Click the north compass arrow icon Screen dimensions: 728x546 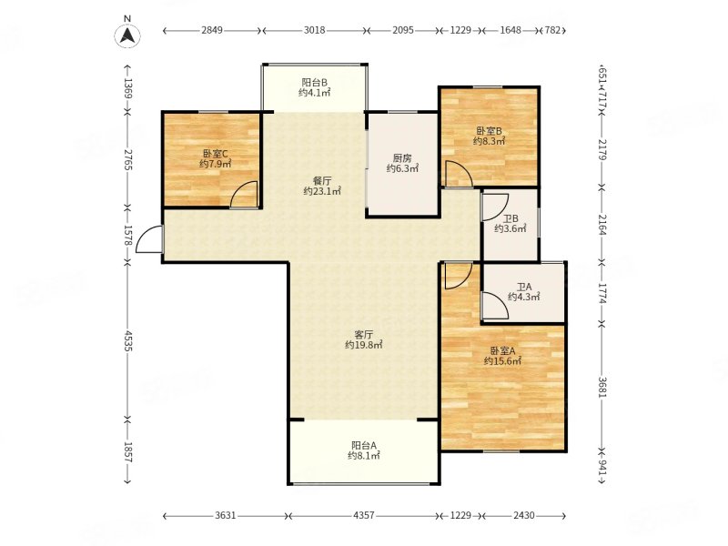(x=127, y=35)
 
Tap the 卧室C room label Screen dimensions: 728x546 (x=215, y=153)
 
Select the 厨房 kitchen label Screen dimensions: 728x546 (x=402, y=158)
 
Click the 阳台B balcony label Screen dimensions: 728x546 (x=314, y=82)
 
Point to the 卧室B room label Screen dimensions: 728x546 (x=490, y=131)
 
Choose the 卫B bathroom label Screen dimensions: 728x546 (x=511, y=218)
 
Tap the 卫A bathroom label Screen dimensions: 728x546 (x=524, y=287)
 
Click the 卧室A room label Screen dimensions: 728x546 (x=502, y=350)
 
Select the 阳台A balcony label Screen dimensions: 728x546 (x=364, y=445)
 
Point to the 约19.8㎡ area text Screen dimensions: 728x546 (x=364, y=345)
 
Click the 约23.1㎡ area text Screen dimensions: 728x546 (x=322, y=191)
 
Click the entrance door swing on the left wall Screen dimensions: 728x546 (x=149, y=239)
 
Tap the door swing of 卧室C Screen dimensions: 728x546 (x=244, y=194)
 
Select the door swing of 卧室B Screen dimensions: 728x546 (x=459, y=174)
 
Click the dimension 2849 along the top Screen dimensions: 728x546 (x=212, y=30)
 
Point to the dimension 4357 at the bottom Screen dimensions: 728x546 (x=363, y=515)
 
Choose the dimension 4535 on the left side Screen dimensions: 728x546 (x=128, y=340)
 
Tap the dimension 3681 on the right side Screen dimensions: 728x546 (x=602, y=387)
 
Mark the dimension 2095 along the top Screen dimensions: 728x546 (x=403, y=30)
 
